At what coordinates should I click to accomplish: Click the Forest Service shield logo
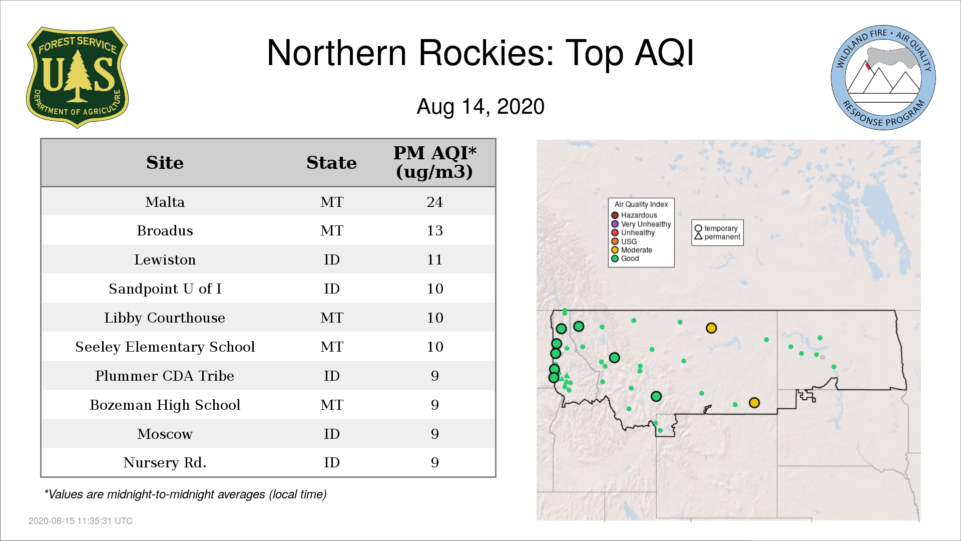[77, 77]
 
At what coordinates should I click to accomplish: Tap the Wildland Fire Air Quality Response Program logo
[883, 78]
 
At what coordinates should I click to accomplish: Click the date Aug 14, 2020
[480, 107]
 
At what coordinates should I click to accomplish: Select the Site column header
[165, 163]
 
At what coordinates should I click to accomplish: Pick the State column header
[331, 163]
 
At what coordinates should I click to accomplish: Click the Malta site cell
[165, 202]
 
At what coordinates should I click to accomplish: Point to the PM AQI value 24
[434, 202]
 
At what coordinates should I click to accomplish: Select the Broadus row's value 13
[434, 230]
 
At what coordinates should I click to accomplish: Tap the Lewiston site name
[165, 259]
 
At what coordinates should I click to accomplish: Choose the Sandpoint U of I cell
[165, 289]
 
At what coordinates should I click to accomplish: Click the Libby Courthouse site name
[165, 318]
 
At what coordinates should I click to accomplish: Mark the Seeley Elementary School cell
[165, 347]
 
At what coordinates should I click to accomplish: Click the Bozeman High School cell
[165, 405]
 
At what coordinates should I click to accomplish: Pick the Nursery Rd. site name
[165, 462]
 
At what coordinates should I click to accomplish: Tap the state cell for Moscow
[331, 434]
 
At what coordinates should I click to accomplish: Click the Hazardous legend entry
[634, 215]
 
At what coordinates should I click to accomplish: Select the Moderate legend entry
[632, 250]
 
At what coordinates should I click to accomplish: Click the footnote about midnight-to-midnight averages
[185, 494]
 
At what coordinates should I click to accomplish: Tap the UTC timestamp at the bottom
[81, 521]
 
